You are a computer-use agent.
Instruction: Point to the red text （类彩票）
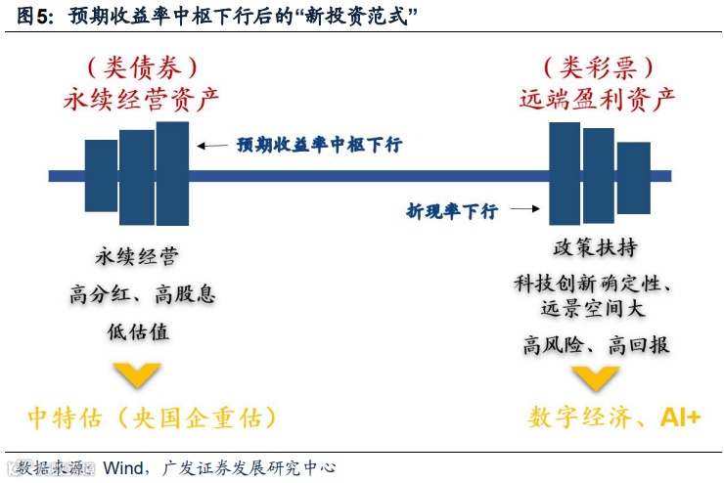pos(598,66)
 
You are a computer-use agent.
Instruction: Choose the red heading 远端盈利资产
pos(598,99)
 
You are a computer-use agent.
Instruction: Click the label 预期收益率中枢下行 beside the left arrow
pos(319,145)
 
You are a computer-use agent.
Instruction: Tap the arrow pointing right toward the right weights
pos(523,208)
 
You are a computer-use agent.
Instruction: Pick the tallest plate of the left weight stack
pos(172,173)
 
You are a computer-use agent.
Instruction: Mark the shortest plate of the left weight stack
pos(101,175)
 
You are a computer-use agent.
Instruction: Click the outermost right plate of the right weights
pos(634,177)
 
